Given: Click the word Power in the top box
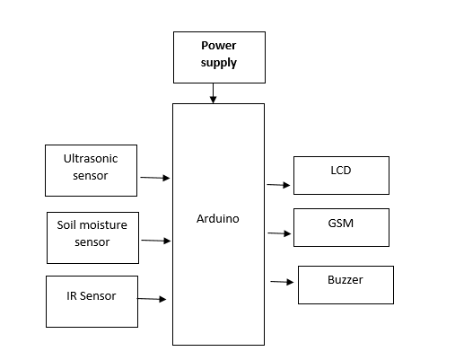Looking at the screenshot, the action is click(x=219, y=46).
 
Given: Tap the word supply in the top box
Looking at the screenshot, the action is click(x=219, y=63).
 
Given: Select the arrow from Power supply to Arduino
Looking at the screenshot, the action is click(x=213, y=93).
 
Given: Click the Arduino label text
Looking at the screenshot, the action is click(x=218, y=219).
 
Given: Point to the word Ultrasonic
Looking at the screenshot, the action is click(x=91, y=159).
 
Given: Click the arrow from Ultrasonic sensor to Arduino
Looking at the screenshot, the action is click(x=155, y=178).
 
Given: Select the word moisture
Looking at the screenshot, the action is click(x=100, y=225).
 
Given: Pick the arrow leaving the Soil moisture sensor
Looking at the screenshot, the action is click(x=156, y=241).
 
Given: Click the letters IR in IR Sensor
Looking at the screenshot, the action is click(x=72, y=296).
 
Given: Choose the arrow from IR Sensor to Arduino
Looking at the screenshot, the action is click(x=152, y=299).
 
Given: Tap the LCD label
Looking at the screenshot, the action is click(x=341, y=171).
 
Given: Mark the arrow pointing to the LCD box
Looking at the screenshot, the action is click(x=278, y=185).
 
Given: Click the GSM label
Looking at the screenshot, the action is click(x=341, y=224).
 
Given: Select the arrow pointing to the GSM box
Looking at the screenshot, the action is click(x=279, y=233).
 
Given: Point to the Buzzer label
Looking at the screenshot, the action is click(x=346, y=280).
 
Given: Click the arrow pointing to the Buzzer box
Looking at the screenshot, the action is click(x=282, y=282).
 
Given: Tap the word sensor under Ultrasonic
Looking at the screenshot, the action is click(x=91, y=176).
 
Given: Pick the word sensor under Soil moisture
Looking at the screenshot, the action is click(x=92, y=242).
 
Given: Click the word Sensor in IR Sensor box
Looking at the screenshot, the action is click(x=98, y=296).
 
